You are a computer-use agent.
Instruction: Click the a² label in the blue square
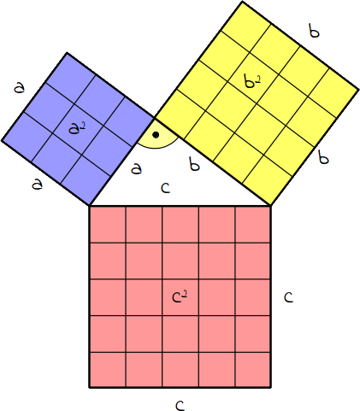[x=77, y=128]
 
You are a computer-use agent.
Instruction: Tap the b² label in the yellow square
[x=252, y=81]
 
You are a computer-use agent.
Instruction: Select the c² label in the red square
[x=180, y=297]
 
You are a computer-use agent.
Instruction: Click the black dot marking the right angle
[x=156, y=135]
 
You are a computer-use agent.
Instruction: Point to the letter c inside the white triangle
[x=166, y=188]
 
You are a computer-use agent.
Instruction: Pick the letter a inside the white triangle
[x=137, y=168]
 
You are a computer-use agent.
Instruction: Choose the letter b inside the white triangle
[x=194, y=163]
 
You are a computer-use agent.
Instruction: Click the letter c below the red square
[x=180, y=405]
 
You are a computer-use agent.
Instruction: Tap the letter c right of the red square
[x=288, y=297]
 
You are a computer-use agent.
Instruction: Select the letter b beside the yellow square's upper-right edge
[x=314, y=31]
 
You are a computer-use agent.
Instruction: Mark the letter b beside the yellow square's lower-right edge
[x=323, y=157]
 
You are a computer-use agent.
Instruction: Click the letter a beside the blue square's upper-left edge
[x=20, y=87]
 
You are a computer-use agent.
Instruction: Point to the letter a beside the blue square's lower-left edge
[x=38, y=185]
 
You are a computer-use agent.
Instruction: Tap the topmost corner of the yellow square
[x=242, y=2]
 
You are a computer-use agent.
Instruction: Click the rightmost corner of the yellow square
[x=357, y=89]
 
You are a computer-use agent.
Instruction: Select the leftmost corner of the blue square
[x=2, y=140]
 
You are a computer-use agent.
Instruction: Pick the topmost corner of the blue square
[x=67, y=53]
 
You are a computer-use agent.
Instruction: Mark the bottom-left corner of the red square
[x=90, y=387]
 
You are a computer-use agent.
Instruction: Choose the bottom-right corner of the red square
[x=270, y=387]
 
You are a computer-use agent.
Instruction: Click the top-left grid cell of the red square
[x=108, y=225]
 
